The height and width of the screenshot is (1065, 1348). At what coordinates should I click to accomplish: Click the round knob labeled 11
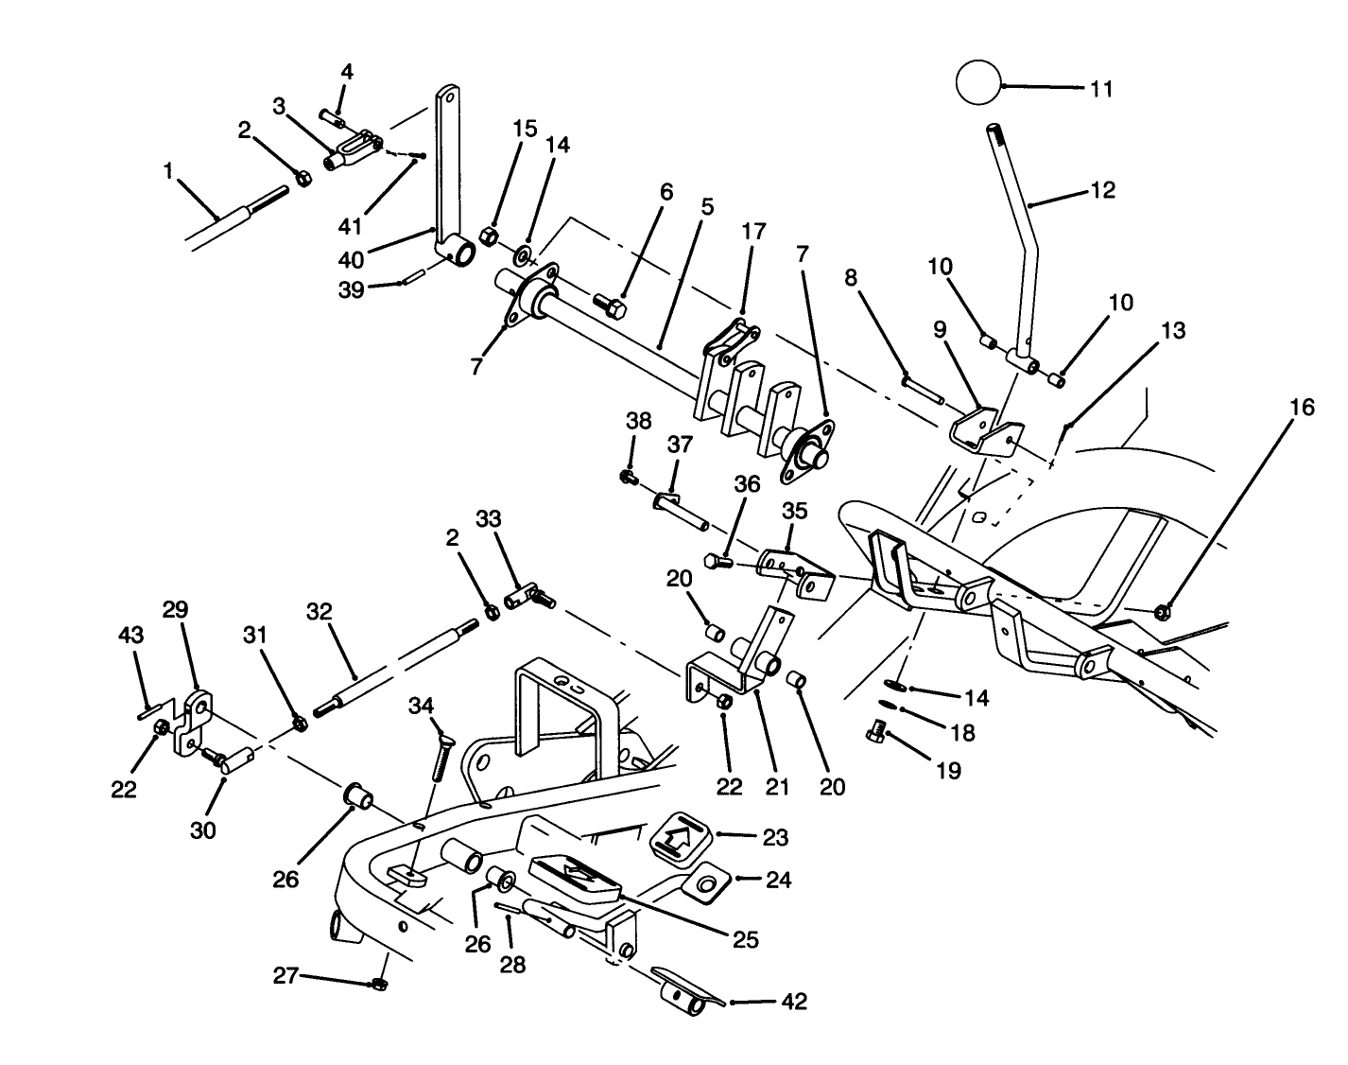coord(977,82)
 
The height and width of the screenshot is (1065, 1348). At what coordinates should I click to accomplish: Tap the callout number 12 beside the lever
coord(1102,190)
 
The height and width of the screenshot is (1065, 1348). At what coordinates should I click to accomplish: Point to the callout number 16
coord(1302,407)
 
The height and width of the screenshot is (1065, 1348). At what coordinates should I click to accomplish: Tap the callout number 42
coord(794,1002)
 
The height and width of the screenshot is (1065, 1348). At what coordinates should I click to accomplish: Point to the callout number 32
coord(320,612)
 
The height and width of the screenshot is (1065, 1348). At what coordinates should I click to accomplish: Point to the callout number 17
coord(753,231)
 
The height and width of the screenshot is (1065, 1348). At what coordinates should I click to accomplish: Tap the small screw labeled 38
coord(626,477)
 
